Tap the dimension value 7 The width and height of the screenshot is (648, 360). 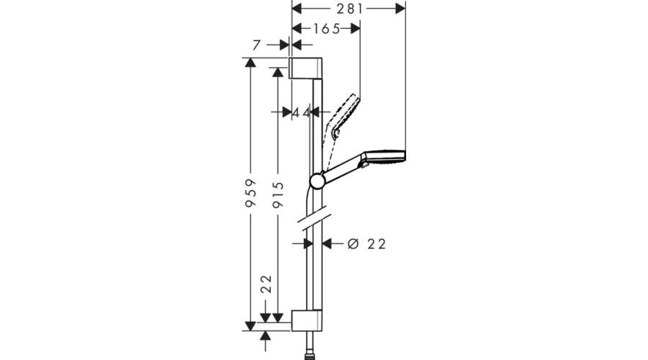coord(256,45)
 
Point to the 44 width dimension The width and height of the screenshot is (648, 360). coord(301,112)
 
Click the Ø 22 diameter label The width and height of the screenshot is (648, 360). coord(366,244)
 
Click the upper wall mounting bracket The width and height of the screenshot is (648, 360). coord(305,68)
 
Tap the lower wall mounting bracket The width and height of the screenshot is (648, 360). coord(306,321)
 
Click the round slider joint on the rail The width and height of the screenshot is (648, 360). coord(318,180)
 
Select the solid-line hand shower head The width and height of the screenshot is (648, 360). coord(386,156)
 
